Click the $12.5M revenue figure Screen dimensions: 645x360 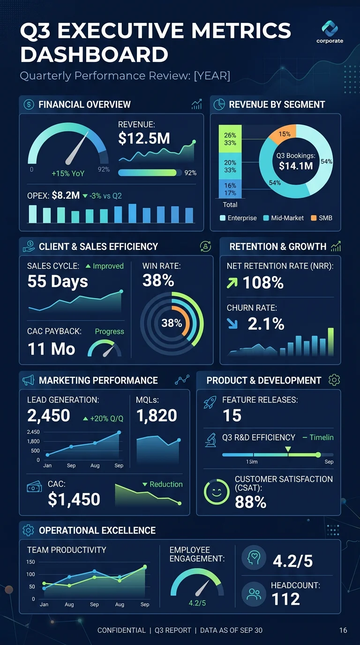[144, 138]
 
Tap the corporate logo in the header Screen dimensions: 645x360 [330, 32]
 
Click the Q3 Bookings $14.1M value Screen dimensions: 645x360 [295, 165]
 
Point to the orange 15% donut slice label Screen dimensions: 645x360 [285, 134]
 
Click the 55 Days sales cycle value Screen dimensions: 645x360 [58, 281]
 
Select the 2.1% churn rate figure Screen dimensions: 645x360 [266, 324]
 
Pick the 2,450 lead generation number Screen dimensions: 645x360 [49, 415]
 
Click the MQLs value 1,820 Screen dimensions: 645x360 [157, 415]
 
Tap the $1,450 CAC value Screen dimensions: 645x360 [74, 499]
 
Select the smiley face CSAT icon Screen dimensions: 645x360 [217, 491]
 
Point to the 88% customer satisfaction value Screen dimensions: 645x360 [250, 502]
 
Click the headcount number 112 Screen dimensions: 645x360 [285, 599]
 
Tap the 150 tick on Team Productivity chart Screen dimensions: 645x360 [30, 562]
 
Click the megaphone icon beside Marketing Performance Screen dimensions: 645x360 [28, 380]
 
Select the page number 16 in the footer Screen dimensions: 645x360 [343, 630]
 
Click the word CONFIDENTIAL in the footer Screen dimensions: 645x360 [121, 630]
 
